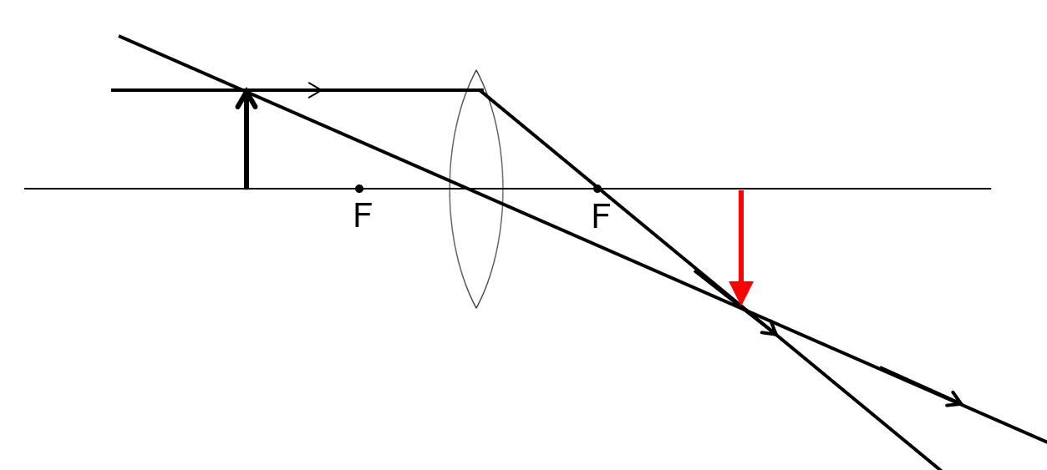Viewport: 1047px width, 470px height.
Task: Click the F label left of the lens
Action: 361,216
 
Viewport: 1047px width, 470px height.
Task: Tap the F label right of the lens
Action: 600,217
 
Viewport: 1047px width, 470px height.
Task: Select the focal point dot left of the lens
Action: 359,189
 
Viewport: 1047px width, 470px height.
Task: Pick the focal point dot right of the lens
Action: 597,189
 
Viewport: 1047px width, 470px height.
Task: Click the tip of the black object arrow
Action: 246,90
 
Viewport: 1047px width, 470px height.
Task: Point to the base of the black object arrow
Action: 246,188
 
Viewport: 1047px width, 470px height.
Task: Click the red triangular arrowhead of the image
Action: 741,294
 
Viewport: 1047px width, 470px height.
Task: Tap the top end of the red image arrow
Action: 741,192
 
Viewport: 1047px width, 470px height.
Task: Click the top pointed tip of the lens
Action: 476,70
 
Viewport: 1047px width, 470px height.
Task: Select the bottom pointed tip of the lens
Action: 476,308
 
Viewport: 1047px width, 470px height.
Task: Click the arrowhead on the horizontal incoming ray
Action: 316,90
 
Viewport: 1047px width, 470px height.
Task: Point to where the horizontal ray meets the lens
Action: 481,90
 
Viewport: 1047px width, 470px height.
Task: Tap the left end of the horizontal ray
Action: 112,90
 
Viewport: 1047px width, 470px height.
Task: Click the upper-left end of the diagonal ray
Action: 119,36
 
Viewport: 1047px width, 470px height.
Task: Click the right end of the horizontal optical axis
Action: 990,189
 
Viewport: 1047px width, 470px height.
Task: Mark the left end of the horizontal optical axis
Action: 25,189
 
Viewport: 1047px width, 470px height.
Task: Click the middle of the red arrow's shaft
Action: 741,238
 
